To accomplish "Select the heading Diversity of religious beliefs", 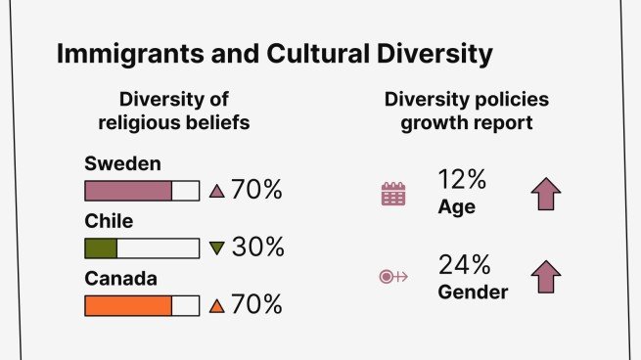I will tap(184, 111).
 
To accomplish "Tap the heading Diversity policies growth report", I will tap(466, 111).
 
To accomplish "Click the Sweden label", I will tap(122, 162).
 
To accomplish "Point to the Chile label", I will tap(108, 221).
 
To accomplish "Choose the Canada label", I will tap(121, 279).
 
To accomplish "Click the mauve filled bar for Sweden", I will tap(129, 190).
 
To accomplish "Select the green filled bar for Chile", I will tap(102, 247).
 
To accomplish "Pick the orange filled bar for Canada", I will tap(129, 305).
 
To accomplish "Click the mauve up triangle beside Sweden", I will tap(217, 191).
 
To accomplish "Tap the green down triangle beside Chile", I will tap(217, 248).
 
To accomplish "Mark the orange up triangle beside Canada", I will tap(217, 306).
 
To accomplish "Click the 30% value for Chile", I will tap(257, 247).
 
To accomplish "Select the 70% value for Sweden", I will tap(256, 190).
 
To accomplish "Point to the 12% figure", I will tap(462, 180).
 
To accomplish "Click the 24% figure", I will tap(462, 265).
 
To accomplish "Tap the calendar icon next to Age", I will tap(392, 194).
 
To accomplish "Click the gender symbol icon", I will tap(392, 277).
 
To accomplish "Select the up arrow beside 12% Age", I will tap(546, 193).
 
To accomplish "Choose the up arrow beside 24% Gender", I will tap(546, 277).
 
